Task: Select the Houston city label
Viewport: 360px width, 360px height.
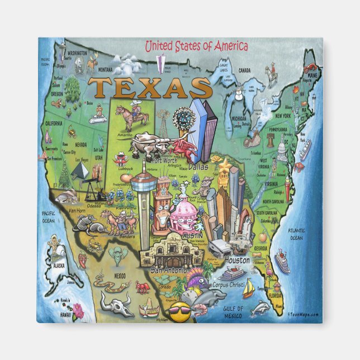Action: click(x=237, y=260)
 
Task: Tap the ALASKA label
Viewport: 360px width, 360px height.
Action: click(x=58, y=267)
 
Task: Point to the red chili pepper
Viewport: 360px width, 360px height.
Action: click(x=82, y=259)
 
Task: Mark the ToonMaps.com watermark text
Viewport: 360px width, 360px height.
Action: click(x=304, y=314)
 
